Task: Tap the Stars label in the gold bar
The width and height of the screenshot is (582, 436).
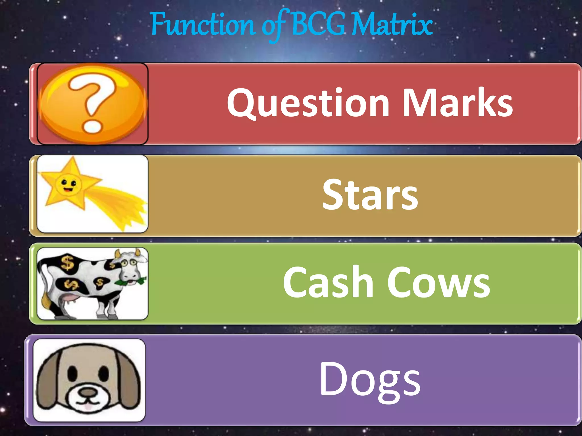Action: pyautogui.click(x=370, y=195)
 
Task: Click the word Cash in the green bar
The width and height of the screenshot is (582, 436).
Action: pyautogui.click(x=328, y=282)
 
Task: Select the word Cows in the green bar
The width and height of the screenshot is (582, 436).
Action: pyautogui.click(x=439, y=283)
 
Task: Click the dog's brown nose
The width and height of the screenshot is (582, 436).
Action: pyautogui.click(x=88, y=393)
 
